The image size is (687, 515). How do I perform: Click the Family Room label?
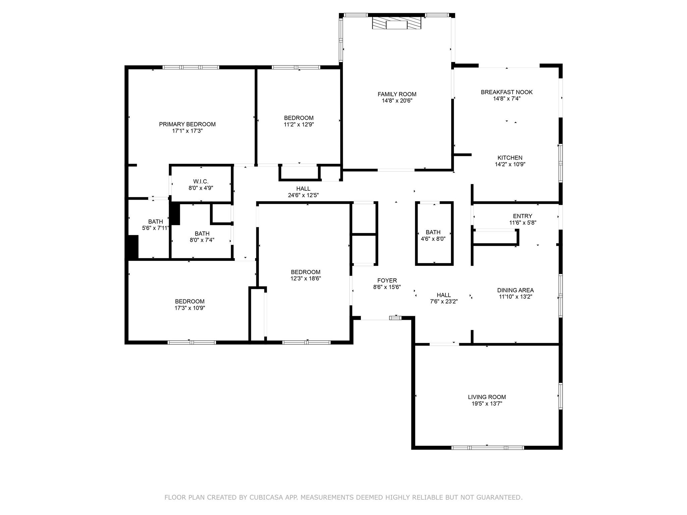point(397,94)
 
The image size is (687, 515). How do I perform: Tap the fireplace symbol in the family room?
point(397,23)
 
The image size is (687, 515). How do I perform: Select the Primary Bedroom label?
point(187,124)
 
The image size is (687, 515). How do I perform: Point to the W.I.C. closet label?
point(201,182)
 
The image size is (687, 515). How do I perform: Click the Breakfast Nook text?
point(507,92)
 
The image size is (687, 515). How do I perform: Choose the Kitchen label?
point(510,158)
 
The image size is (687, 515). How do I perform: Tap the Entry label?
point(522,216)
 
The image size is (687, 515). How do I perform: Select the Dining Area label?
point(515,290)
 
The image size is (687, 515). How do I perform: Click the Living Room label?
point(487,397)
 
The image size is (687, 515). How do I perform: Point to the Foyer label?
point(387,281)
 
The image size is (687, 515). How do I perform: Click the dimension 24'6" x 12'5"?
point(303,195)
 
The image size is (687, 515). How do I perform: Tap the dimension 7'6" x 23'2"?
point(444,301)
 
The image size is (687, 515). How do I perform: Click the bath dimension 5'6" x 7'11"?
point(155,228)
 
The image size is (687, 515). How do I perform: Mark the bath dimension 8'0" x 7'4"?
point(202,240)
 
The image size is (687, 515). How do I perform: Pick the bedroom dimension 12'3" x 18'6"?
point(306,278)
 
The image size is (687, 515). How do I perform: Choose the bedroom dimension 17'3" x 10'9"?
point(190,308)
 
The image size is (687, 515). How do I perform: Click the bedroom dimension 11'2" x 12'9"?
point(299,124)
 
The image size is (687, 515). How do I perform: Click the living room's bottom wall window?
point(487,448)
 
